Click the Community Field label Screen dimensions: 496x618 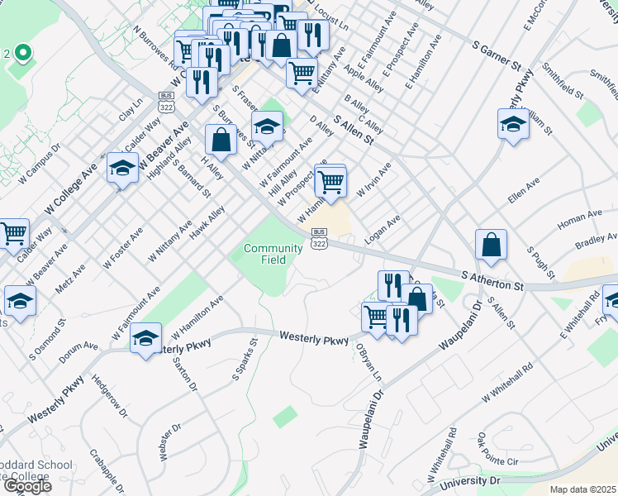click(273, 254)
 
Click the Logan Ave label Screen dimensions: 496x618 click(383, 229)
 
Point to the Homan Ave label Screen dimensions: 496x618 click(579, 219)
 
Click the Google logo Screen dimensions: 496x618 click(27, 486)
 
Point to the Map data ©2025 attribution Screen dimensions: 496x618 click(582, 489)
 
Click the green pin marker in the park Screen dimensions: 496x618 click(22, 55)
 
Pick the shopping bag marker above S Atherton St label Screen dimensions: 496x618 click(491, 244)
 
